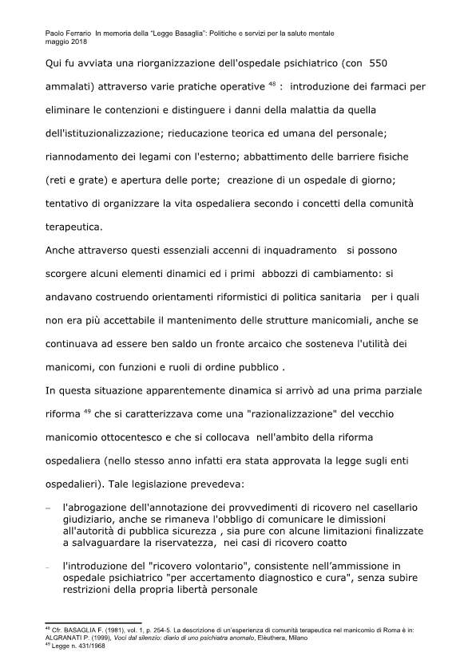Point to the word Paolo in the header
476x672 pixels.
point(57,33)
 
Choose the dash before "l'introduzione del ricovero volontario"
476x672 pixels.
point(49,565)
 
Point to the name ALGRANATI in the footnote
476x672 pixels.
point(65,638)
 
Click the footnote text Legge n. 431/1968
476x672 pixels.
point(76,646)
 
